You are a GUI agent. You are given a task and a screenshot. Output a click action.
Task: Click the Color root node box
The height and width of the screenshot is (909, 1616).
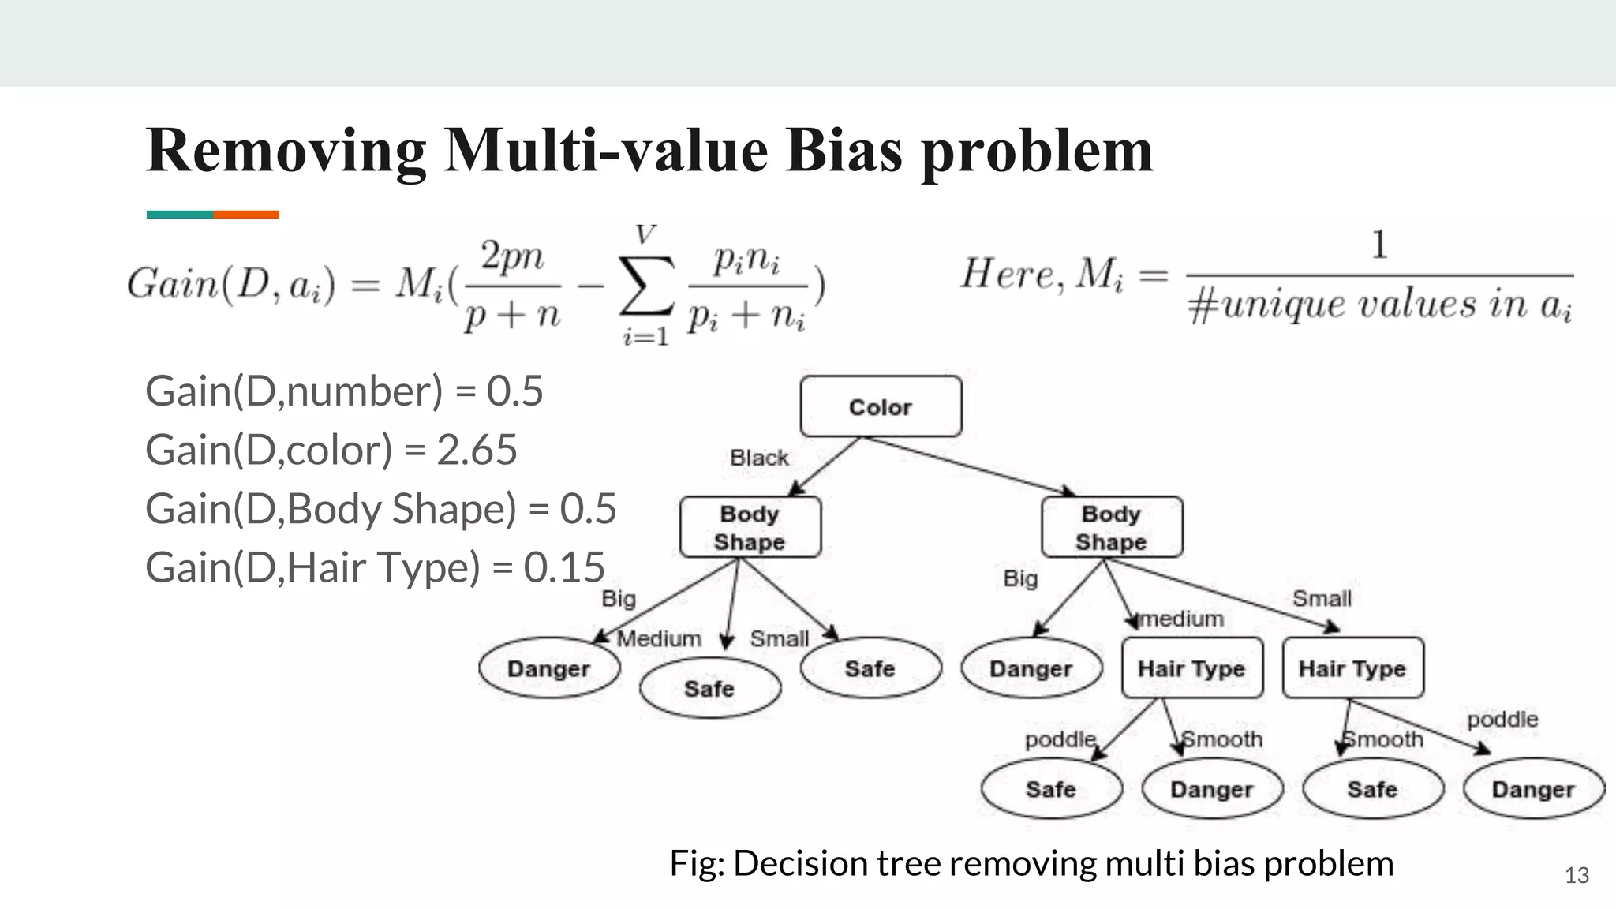(881, 406)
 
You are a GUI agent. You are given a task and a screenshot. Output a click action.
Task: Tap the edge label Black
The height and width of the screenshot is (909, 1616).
(759, 458)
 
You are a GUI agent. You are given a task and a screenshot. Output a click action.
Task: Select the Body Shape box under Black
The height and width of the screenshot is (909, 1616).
(750, 527)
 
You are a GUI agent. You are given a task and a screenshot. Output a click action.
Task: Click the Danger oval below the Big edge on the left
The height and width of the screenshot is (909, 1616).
(548, 668)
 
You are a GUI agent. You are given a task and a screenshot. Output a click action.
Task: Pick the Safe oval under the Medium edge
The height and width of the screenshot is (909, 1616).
(709, 689)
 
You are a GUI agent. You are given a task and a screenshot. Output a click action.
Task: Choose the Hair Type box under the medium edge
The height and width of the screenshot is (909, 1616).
(1191, 668)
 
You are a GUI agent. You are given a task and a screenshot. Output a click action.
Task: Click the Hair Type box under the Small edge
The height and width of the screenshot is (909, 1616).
(1352, 668)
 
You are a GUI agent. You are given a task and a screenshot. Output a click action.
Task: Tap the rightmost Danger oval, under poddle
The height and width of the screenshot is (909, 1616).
(1533, 789)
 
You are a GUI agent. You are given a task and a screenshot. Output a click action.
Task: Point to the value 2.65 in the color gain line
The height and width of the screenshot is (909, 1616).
(477, 450)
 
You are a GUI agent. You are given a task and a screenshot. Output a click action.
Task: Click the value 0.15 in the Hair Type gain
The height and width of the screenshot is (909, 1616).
(564, 567)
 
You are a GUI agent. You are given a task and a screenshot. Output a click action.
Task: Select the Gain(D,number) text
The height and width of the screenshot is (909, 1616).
(294, 391)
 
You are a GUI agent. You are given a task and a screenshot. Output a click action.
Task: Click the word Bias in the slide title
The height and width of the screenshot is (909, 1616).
(844, 150)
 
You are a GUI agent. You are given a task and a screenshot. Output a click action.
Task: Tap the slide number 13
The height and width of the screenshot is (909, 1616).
(1577, 875)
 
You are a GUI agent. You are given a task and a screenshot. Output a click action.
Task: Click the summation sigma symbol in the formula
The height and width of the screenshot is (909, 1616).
(646, 285)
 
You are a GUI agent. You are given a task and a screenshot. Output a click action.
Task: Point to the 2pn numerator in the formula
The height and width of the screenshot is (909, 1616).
(512, 256)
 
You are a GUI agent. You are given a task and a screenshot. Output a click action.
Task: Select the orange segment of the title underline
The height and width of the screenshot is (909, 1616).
(245, 215)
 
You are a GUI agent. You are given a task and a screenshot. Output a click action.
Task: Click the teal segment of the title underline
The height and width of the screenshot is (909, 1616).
(179, 215)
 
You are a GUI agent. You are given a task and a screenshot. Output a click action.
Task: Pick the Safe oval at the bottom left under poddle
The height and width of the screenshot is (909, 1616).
(1051, 789)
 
